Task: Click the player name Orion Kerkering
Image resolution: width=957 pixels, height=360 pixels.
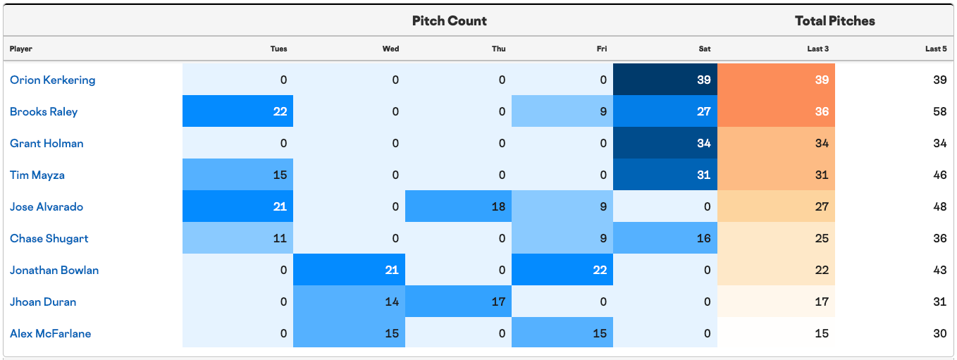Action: [x=53, y=80]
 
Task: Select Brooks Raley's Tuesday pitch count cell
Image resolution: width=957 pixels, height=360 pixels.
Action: [x=237, y=111]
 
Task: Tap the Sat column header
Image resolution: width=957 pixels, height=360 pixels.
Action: [x=705, y=49]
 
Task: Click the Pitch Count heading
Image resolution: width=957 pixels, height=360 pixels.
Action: [x=450, y=21]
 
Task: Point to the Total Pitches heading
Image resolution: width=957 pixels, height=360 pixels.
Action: [x=835, y=21]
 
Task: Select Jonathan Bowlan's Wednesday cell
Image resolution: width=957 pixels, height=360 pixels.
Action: [x=349, y=269]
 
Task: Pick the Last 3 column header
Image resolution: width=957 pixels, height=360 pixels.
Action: [x=817, y=49]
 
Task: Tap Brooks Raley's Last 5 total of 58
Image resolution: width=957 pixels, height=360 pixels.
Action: [x=939, y=111]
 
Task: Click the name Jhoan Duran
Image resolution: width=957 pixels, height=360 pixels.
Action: [x=43, y=302]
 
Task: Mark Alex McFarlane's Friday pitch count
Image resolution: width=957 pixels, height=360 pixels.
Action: [x=562, y=333]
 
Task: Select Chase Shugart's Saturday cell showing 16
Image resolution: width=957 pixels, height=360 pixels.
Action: [x=665, y=238]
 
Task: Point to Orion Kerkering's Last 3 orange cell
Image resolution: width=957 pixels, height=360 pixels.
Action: [x=777, y=80]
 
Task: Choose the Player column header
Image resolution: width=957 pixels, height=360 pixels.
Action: [x=21, y=49]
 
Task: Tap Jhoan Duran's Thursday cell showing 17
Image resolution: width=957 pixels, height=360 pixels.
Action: [x=458, y=301]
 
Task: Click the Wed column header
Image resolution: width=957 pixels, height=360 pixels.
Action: [x=390, y=49]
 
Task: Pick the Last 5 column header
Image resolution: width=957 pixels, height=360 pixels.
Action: [x=936, y=49]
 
